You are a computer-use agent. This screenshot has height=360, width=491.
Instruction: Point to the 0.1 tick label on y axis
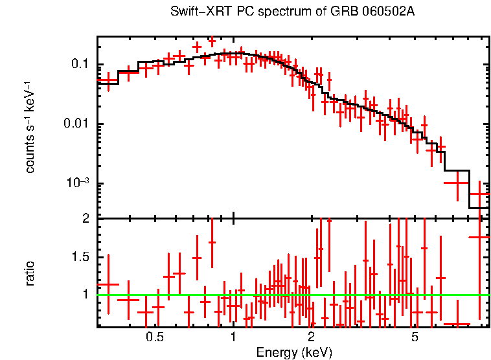[80, 64]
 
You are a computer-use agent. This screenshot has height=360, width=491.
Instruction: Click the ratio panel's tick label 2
[85, 219]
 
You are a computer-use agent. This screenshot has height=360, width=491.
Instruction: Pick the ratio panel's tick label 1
[85, 295]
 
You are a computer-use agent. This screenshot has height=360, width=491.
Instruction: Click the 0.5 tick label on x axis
[154, 337]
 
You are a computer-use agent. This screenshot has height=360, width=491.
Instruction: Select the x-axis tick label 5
[415, 337]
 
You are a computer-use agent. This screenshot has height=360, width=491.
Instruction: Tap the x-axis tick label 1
[233, 337]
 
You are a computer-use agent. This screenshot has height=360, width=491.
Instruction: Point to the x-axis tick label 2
[311, 337]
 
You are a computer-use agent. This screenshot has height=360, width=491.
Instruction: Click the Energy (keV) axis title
[294, 352]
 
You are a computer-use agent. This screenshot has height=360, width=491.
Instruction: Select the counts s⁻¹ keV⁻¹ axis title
[30, 127]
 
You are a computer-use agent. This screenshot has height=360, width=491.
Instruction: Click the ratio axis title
[30, 273]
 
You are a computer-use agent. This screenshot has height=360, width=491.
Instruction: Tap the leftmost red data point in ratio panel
[108, 284]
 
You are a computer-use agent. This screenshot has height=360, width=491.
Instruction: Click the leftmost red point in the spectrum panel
[108, 80]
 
